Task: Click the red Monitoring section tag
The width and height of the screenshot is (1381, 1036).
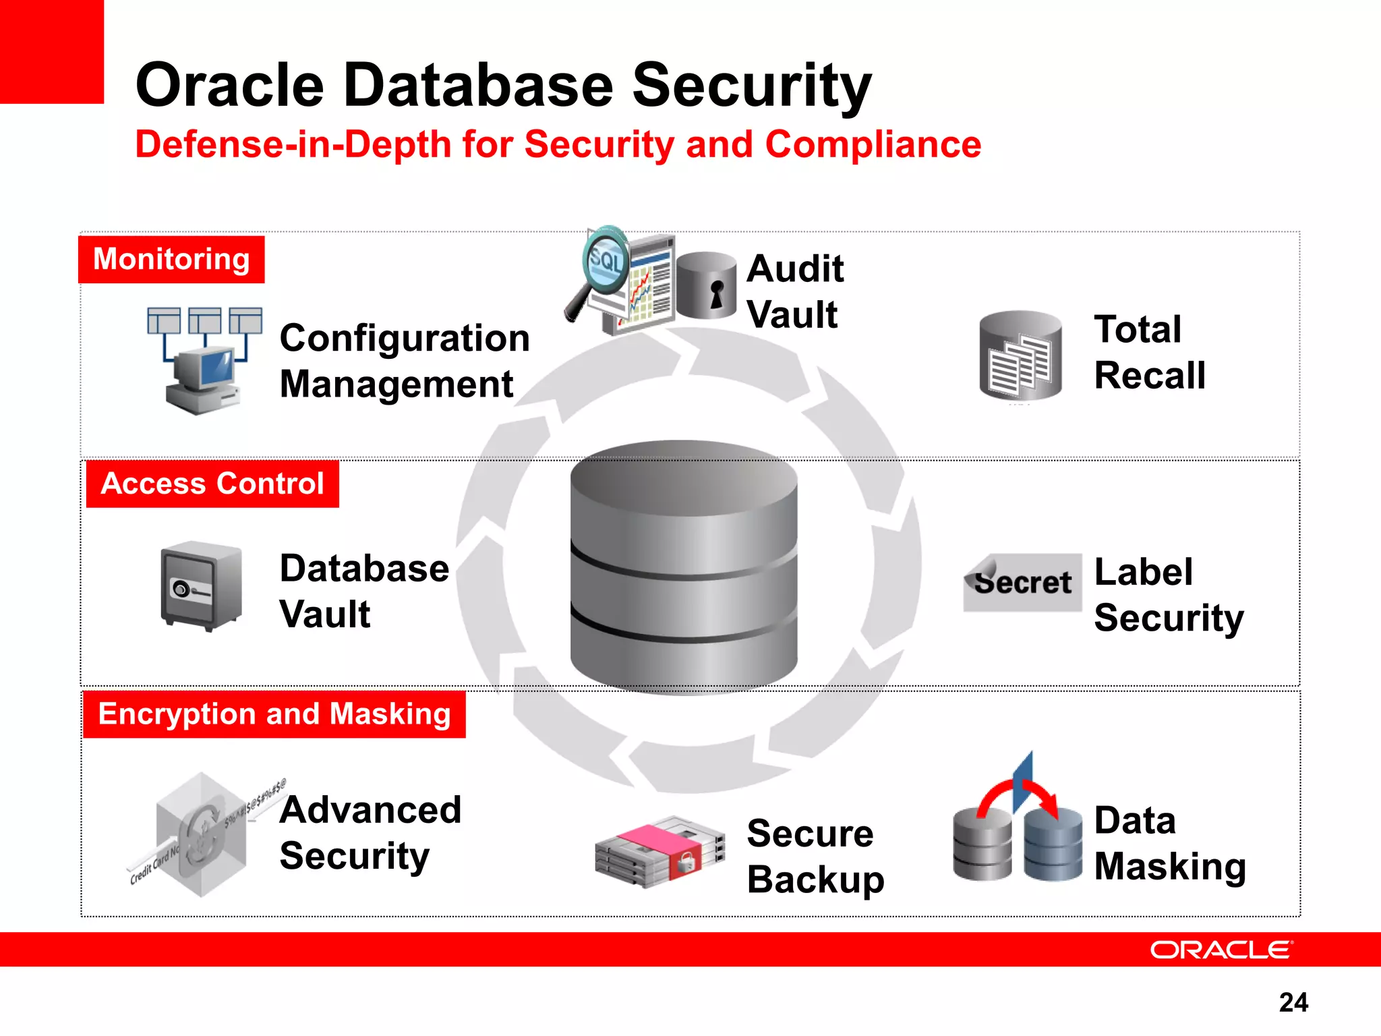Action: (x=171, y=260)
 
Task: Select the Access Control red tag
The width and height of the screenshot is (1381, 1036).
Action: (x=212, y=484)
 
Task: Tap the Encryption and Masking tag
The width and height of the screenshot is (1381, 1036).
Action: (x=274, y=714)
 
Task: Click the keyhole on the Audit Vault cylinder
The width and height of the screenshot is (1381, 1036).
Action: (x=716, y=295)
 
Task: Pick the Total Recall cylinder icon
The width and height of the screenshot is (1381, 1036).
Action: (x=1020, y=355)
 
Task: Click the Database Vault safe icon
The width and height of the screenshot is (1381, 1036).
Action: (x=201, y=585)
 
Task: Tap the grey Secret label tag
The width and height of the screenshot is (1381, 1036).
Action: (x=1022, y=583)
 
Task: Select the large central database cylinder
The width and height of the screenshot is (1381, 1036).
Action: (x=684, y=567)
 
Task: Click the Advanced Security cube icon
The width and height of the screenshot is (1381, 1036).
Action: (x=200, y=835)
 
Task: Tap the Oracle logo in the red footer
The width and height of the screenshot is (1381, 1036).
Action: (x=1221, y=950)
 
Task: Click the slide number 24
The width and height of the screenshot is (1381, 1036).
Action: (x=1293, y=1002)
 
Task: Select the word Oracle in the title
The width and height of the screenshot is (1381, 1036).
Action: (x=230, y=86)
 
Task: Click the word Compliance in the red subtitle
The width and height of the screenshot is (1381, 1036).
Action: (x=873, y=145)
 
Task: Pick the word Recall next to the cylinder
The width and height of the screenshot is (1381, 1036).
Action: (x=1150, y=376)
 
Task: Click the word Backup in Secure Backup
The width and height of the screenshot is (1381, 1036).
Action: (x=815, y=880)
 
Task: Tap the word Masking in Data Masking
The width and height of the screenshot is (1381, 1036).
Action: (x=1170, y=867)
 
